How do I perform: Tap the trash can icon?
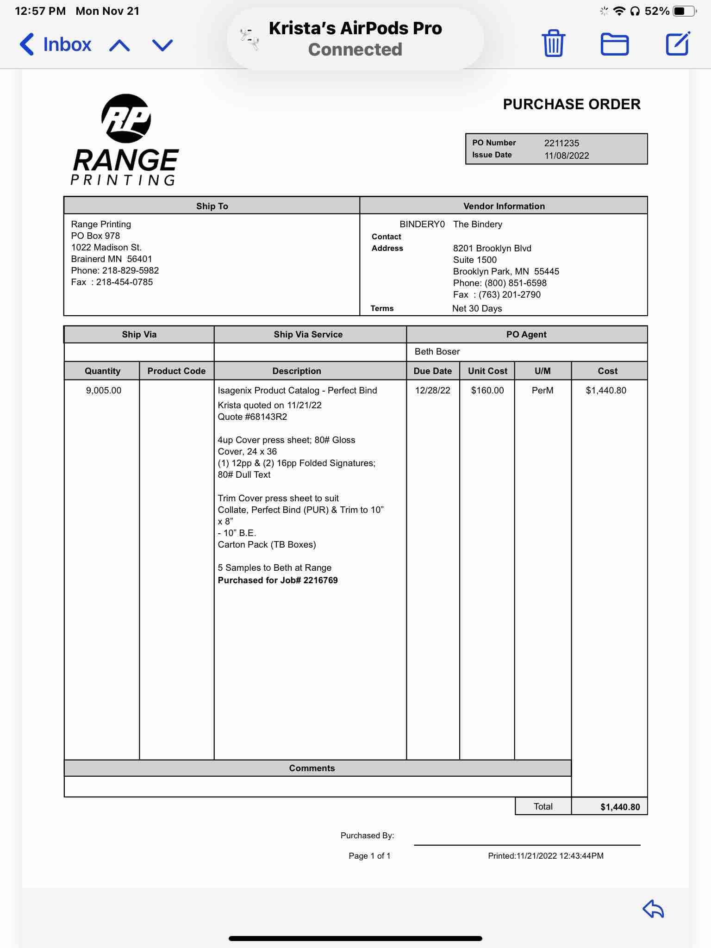pyautogui.click(x=553, y=44)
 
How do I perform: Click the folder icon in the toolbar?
pyautogui.click(x=614, y=44)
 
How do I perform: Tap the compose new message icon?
pyautogui.click(x=678, y=44)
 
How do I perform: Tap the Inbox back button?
pyautogui.click(x=56, y=44)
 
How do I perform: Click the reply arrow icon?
pyautogui.click(x=653, y=909)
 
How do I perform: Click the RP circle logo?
pyautogui.click(x=126, y=118)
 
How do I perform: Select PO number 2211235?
pyautogui.click(x=561, y=143)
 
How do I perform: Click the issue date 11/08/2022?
pyautogui.click(x=567, y=156)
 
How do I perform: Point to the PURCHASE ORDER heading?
pyautogui.click(x=572, y=104)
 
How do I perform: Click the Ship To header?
pyautogui.click(x=212, y=206)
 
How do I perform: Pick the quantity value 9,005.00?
pyautogui.click(x=104, y=390)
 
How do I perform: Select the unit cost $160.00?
pyautogui.click(x=487, y=390)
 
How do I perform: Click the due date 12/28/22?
pyautogui.click(x=432, y=390)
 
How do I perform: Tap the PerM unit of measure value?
pyautogui.click(x=543, y=390)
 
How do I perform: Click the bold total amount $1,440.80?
pyautogui.click(x=620, y=807)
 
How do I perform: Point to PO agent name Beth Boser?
pyautogui.click(x=437, y=351)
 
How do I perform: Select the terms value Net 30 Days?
pyautogui.click(x=477, y=308)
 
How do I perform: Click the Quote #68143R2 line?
pyautogui.click(x=252, y=417)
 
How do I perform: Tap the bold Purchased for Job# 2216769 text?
pyautogui.click(x=278, y=580)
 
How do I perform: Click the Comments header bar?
pyautogui.click(x=312, y=768)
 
